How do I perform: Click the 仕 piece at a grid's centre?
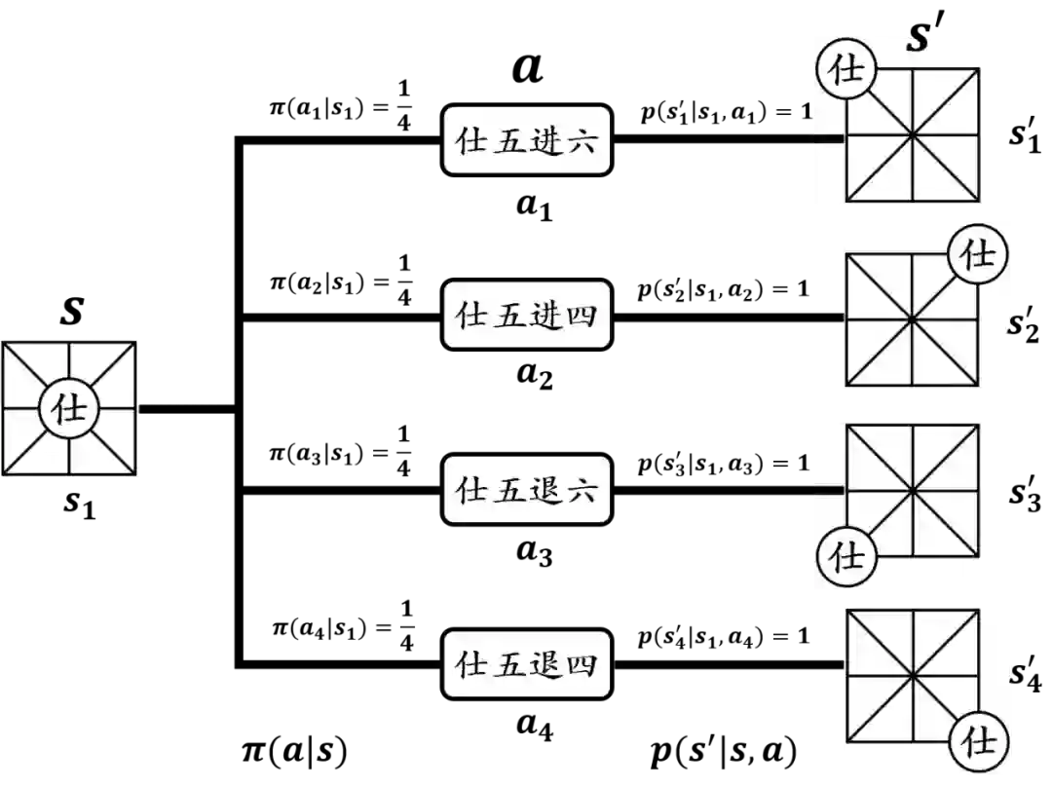(x=68, y=409)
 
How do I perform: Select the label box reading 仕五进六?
(x=527, y=140)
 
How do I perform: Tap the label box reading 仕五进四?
(x=527, y=315)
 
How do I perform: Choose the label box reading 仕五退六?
(x=527, y=489)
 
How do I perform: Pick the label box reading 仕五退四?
(x=527, y=663)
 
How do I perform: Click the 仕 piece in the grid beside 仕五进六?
(x=847, y=71)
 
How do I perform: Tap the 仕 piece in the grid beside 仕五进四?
(x=977, y=254)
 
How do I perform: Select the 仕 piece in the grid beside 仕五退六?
(x=847, y=555)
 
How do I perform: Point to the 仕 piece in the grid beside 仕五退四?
(x=977, y=742)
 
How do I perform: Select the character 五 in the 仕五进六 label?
(x=508, y=141)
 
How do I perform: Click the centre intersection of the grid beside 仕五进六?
(x=913, y=135)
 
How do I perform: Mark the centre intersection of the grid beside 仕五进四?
(x=912, y=319)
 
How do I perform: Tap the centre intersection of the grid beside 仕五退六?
(x=913, y=491)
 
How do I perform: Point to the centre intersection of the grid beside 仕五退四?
(x=912, y=675)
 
